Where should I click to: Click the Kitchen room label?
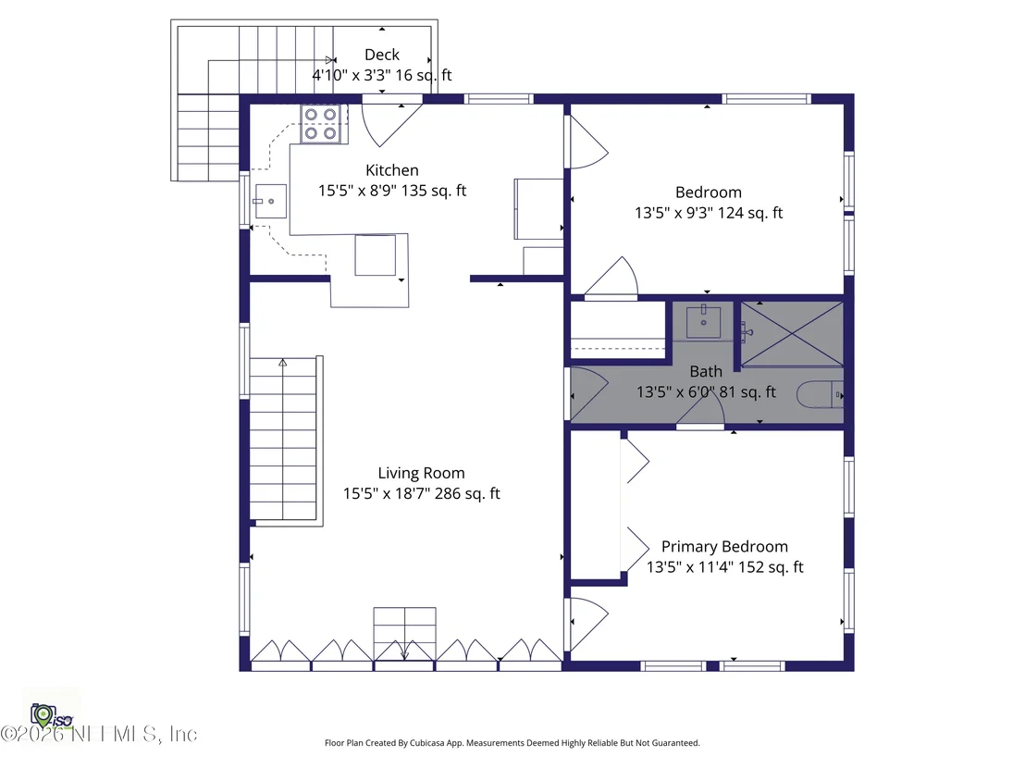pyautogui.click(x=391, y=170)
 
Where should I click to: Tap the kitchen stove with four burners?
pyautogui.click(x=320, y=124)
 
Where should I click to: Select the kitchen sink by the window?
pyautogui.click(x=270, y=201)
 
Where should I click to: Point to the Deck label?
pyautogui.click(x=382, y=55)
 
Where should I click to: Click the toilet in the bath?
pyautogui.click(x=820, y=395)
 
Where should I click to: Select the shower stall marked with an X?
pyautogui.click(x=792, y=333)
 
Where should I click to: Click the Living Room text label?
pyautogui.click(x=421, y=473)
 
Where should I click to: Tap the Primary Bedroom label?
pyautogui.click(x=724, y=546)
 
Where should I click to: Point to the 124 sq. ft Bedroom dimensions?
pyautogui.click(x=709, y=213)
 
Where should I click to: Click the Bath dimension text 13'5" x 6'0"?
pyautogui.click(x=675, y=392)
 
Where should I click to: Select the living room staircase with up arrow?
pyautogui.click(x=284, y=440)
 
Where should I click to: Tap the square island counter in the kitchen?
pyautogui.click(x=376, y=255)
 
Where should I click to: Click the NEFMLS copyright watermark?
pyautogui.click(x=99, y=735)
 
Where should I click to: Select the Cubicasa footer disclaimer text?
pyautogui.click(x=512, y=743)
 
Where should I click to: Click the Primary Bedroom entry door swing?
pyautogui.click(x=589, y=623)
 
